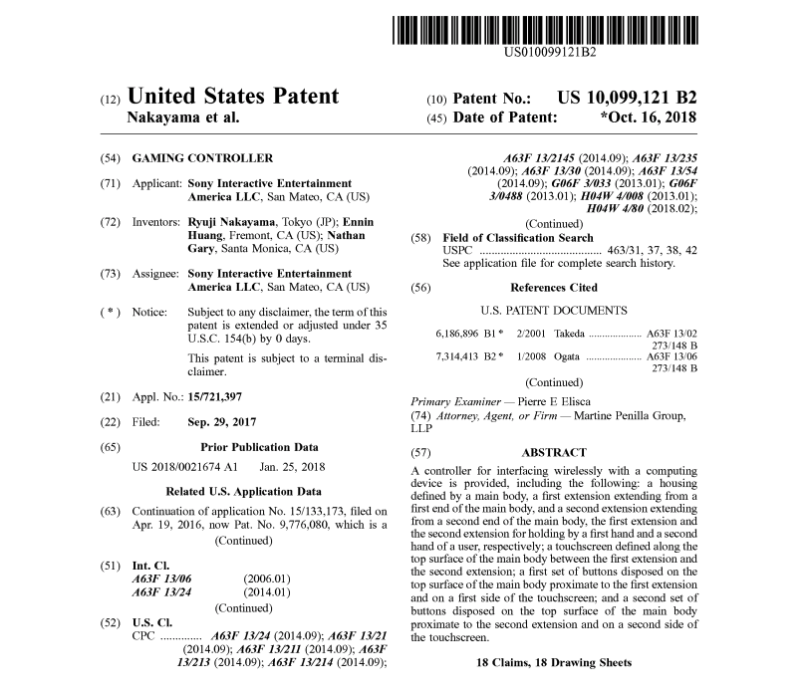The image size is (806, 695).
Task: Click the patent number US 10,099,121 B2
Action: [627, 98]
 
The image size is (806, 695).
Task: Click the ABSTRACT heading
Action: [554, 452]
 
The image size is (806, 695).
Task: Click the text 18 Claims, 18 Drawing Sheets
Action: [554, 662]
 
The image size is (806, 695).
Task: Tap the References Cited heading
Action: [554, 286]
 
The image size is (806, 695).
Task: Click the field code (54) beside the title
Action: [112, 158]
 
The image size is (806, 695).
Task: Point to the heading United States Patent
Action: [234, 97]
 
